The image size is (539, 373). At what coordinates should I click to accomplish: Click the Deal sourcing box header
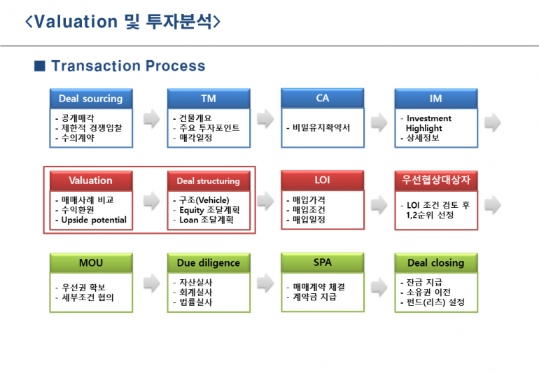pos(91,99)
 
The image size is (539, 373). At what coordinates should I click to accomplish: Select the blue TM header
pos(209,99)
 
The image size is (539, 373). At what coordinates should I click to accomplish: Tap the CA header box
pos(323,98)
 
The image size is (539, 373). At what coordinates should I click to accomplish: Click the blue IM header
pos(436,99)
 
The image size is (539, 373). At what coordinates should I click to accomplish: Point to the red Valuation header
pos(91,181)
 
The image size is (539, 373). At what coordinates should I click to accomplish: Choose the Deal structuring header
pos(209,181)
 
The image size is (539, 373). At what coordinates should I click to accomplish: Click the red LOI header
pos(323,180)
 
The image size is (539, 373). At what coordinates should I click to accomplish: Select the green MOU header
pos(91,263)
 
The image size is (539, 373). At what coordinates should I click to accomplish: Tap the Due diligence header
pos(209,263)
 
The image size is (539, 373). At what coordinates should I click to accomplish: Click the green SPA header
pos(323,262)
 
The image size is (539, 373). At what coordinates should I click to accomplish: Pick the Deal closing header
pos(436,263)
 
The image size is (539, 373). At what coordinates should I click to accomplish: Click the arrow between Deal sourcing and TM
pos(152,118)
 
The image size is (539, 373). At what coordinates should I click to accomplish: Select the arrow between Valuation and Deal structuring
pos(152,201)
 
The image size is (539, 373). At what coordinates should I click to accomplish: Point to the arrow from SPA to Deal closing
pos(379,287)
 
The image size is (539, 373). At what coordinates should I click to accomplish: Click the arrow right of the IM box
pos(493,122)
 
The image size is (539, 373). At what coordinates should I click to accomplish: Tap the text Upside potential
pos(94,220)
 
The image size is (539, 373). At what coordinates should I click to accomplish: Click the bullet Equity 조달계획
pos(209,210)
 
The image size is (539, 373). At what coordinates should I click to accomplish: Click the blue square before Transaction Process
pos(40,66)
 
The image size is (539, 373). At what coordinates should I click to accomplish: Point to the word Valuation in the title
pos(76,22)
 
